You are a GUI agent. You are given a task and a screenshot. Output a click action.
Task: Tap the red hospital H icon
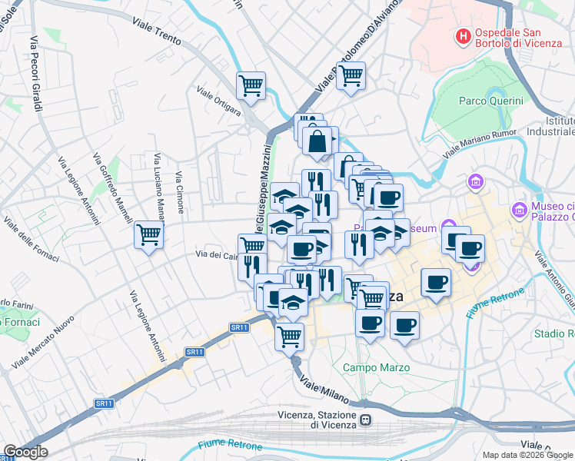(x=463, y=35)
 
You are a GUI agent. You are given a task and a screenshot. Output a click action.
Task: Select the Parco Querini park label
(x=490, y=101)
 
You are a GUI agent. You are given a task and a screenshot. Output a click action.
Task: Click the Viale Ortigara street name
(x=218, y=101)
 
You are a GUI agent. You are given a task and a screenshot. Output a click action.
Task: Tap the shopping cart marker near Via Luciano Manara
(x=148, y=234)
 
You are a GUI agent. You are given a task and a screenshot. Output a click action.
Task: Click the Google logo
(x=25, y=452)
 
